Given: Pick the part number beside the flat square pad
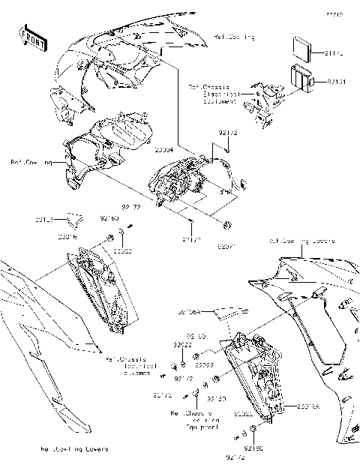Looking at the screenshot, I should click(335, 53).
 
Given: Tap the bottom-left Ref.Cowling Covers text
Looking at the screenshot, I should click(73, 448).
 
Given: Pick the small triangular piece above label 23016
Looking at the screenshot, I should click(71, 219).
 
